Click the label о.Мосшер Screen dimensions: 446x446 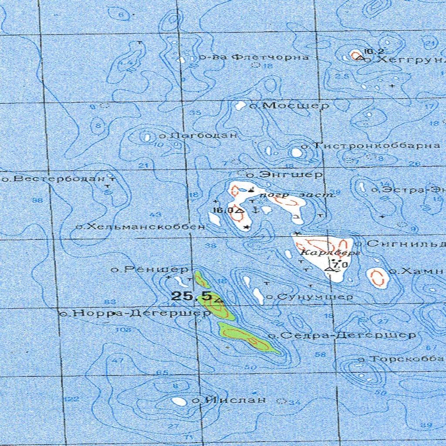tap(289, 105)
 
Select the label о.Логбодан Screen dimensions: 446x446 tap(198, 135)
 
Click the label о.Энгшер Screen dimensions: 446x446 tap(284, 175)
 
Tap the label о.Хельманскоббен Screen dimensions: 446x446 tap(140, 226)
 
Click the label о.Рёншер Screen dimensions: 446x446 tap(149, 270)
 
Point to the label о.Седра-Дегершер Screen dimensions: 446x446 tap(342, 335)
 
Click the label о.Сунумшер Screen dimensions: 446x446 tap(309, 297)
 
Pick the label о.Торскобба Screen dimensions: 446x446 tap(401, 359)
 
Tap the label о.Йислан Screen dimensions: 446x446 tap(229, 399)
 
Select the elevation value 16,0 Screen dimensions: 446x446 tap(223, 210)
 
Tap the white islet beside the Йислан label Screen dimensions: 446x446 tap(178, 401)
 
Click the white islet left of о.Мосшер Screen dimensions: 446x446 tap(240, 105)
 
